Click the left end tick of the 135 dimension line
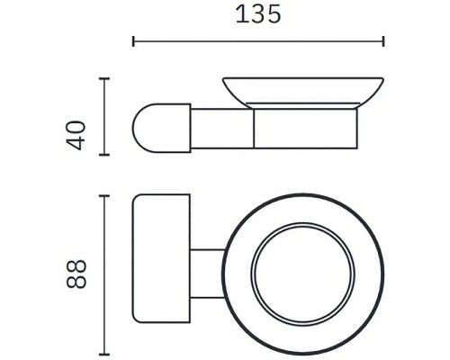point(133,40)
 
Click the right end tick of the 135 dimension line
point(384,40)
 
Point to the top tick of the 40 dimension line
point(107,79)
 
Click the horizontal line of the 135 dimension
point(259,40)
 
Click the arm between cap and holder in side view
point(220,127)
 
